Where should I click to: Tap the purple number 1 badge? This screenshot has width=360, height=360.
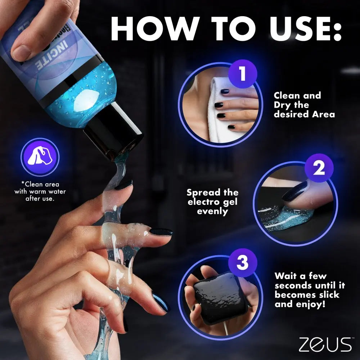pos(242,73)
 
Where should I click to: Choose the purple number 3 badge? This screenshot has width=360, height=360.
pos(242,263)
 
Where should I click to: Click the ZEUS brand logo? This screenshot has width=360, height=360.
pos(325,344)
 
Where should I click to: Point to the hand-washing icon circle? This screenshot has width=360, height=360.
pos(40,157)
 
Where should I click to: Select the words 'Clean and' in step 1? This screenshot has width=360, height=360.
pos(297,96)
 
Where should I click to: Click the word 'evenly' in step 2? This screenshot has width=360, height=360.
pos(212,211)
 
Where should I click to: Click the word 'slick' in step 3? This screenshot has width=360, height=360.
pos(326,295)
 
